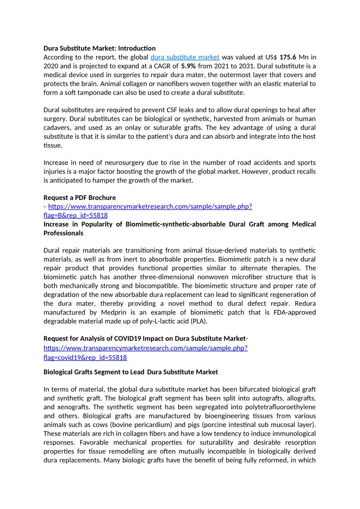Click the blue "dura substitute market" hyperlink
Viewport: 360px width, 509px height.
185,57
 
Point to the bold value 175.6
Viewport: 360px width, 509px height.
288,57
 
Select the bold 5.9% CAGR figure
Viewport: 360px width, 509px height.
189,66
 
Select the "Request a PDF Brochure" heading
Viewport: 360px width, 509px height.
79,198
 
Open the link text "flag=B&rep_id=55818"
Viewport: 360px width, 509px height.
76,215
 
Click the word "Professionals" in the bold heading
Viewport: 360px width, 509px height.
63,233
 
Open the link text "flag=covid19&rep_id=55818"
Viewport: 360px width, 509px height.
85,358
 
